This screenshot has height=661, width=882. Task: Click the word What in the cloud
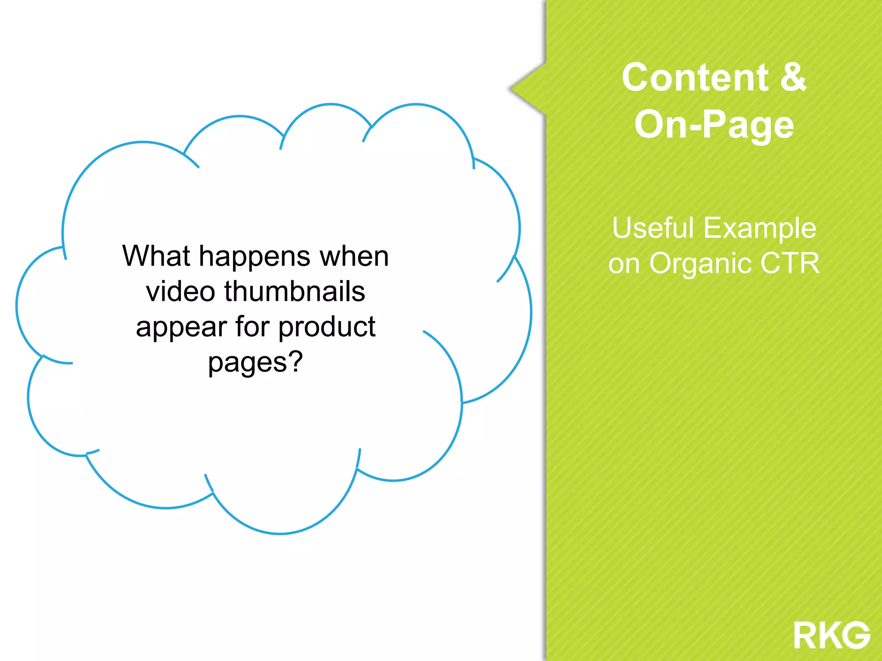coord(156,256)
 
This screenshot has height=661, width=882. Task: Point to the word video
coord(180,291)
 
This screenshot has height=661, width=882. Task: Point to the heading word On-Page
coord(714,125)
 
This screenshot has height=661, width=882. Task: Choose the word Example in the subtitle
coord(760,229)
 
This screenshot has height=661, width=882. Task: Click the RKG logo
coord(832,635)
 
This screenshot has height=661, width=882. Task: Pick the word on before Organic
coord(624,264)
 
